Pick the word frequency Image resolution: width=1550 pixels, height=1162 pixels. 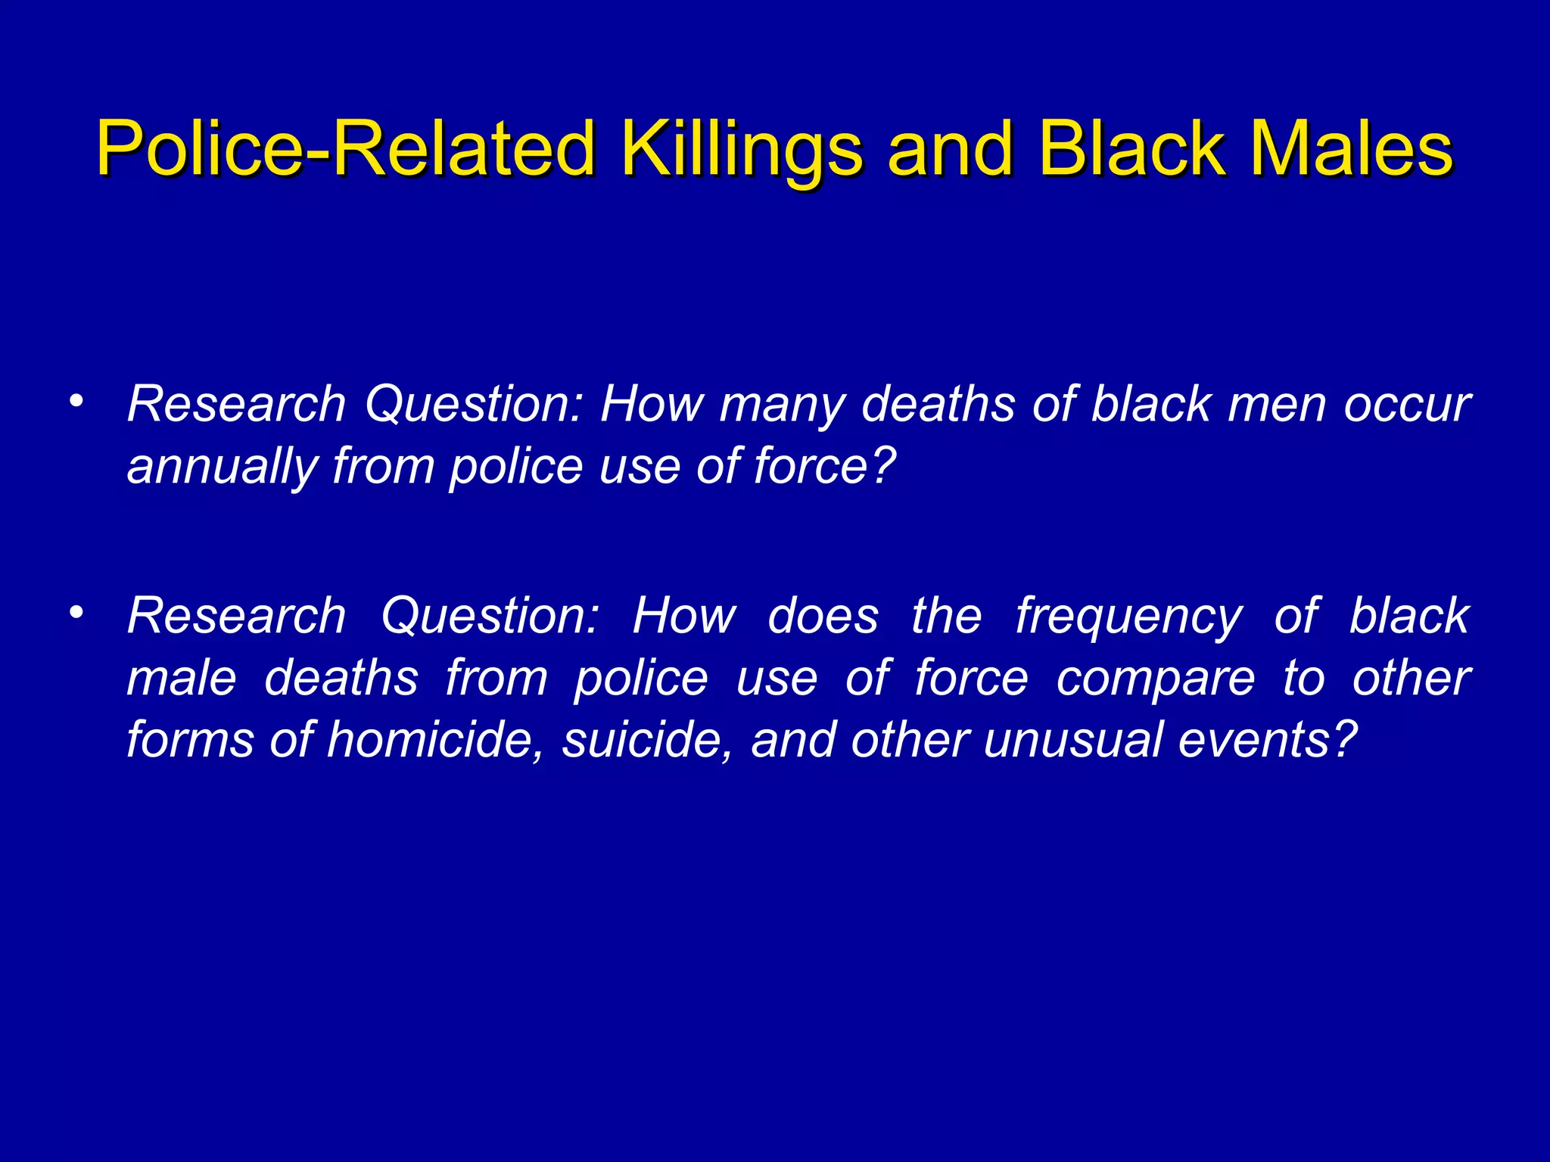pos(1128,616)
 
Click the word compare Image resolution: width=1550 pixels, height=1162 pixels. pos(1155,678)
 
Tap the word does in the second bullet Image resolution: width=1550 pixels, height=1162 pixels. pos(823,616)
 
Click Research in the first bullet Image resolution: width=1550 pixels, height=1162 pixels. pos(236,404)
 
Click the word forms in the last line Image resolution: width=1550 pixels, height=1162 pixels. pos(190,739)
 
